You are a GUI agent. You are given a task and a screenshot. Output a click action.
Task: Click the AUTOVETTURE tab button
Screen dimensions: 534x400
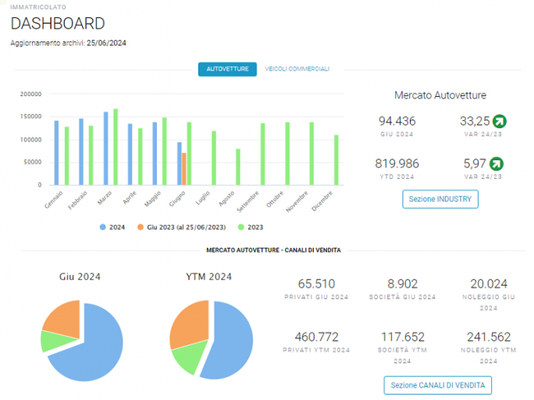coord(227,70)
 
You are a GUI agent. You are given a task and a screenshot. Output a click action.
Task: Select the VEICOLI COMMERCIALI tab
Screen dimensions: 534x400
coord(297,70)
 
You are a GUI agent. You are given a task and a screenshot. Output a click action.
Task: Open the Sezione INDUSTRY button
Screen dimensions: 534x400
coord(440,199)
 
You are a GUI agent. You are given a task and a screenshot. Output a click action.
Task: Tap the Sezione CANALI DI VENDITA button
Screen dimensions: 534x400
coord(438,385)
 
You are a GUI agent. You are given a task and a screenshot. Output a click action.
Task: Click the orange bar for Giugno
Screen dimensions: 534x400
coord(184,169)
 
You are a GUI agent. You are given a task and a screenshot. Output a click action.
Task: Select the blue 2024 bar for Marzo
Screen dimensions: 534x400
coord(106,148)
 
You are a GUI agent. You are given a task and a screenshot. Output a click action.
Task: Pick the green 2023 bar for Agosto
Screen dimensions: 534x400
coord(238,167)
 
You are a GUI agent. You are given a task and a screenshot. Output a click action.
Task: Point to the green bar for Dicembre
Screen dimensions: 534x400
coord(336,160)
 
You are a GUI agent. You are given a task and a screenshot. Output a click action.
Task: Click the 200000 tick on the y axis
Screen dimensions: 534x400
coord(30,94)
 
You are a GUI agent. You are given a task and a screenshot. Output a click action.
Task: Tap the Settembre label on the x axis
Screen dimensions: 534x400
coord(248,202)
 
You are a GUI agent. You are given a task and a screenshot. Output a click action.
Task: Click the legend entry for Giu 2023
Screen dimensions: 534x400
coord(182,227)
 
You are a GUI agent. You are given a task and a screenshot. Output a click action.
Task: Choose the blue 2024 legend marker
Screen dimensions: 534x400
coord(103,227)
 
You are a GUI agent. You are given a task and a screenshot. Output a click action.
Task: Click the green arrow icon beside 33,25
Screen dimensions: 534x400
coord(500,121)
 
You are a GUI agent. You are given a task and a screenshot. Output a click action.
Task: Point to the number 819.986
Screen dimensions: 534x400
coord(397,163)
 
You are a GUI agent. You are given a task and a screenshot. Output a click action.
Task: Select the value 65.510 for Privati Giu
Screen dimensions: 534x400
coord(316,284)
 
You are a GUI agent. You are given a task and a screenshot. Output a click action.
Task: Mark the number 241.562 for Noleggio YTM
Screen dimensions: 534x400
coord(489,337)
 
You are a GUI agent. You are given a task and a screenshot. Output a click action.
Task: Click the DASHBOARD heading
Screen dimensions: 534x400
coord(58,23)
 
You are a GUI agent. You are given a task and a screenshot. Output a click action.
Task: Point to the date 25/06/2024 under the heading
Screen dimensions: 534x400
coord(106,43)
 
